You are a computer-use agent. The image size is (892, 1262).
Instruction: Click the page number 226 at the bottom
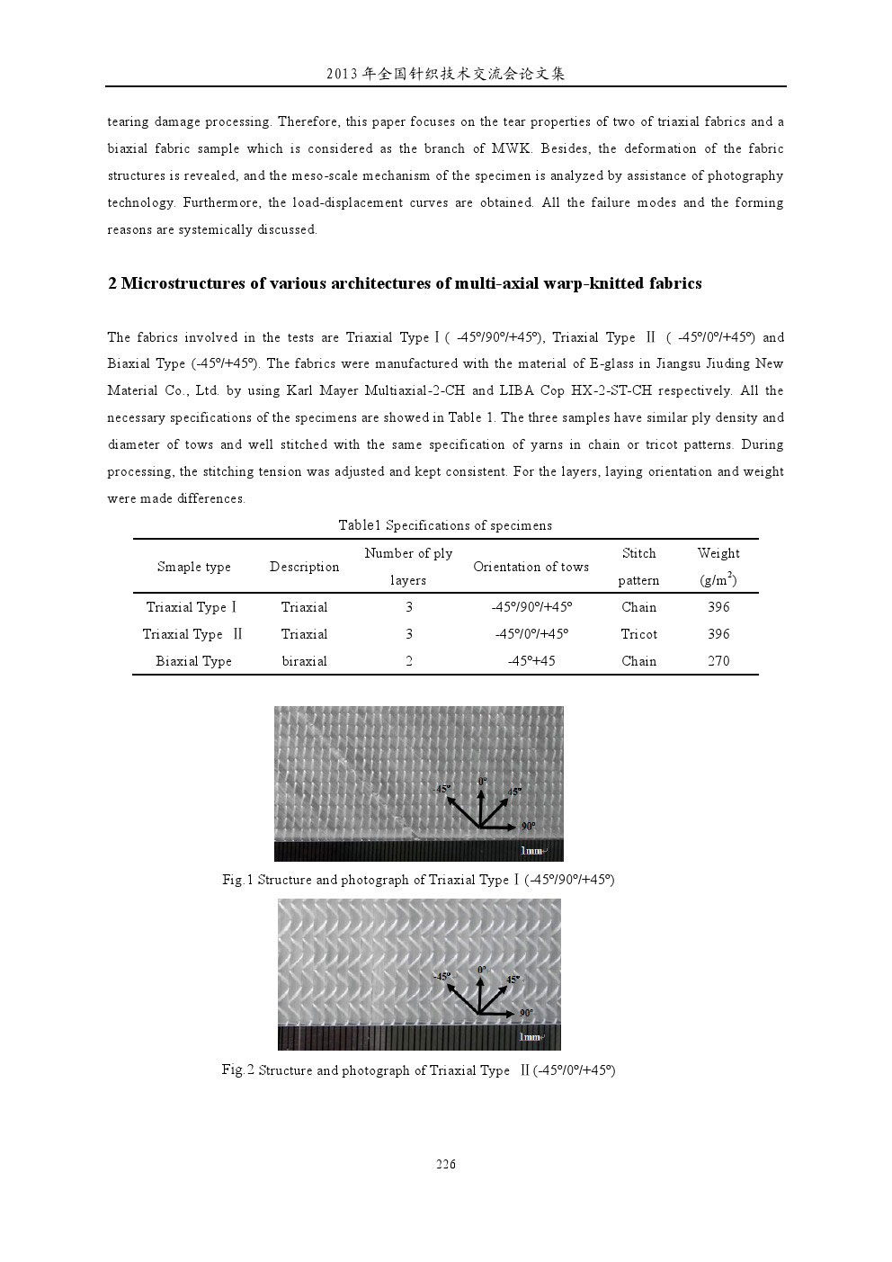(446, 1165)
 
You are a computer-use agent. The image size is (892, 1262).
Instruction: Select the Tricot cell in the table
(638, 634)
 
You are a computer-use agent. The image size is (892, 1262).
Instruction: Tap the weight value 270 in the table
(718, 661)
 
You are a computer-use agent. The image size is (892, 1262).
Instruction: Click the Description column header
(304, 567)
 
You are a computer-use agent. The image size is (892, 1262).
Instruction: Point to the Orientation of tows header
(531, 567)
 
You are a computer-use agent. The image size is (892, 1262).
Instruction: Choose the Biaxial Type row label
(193, 661)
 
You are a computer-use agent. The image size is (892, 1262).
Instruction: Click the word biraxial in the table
(304, 661)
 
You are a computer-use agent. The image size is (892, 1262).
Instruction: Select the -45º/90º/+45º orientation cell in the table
(531, 607)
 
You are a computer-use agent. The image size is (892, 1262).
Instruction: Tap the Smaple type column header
(193, 567)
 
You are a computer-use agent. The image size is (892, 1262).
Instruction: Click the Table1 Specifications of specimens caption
(445, 525)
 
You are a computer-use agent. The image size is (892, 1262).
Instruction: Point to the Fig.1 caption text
(418, 880)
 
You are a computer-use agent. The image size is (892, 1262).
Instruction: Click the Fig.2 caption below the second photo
(418, 1070)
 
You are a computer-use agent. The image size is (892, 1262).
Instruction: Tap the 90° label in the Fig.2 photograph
(526, 1013)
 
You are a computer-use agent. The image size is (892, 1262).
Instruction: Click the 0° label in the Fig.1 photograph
(483, 781)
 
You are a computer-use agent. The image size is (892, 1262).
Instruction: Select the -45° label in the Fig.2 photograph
(442, 976)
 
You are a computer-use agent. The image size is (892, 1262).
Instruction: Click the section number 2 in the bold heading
(112, 283)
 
